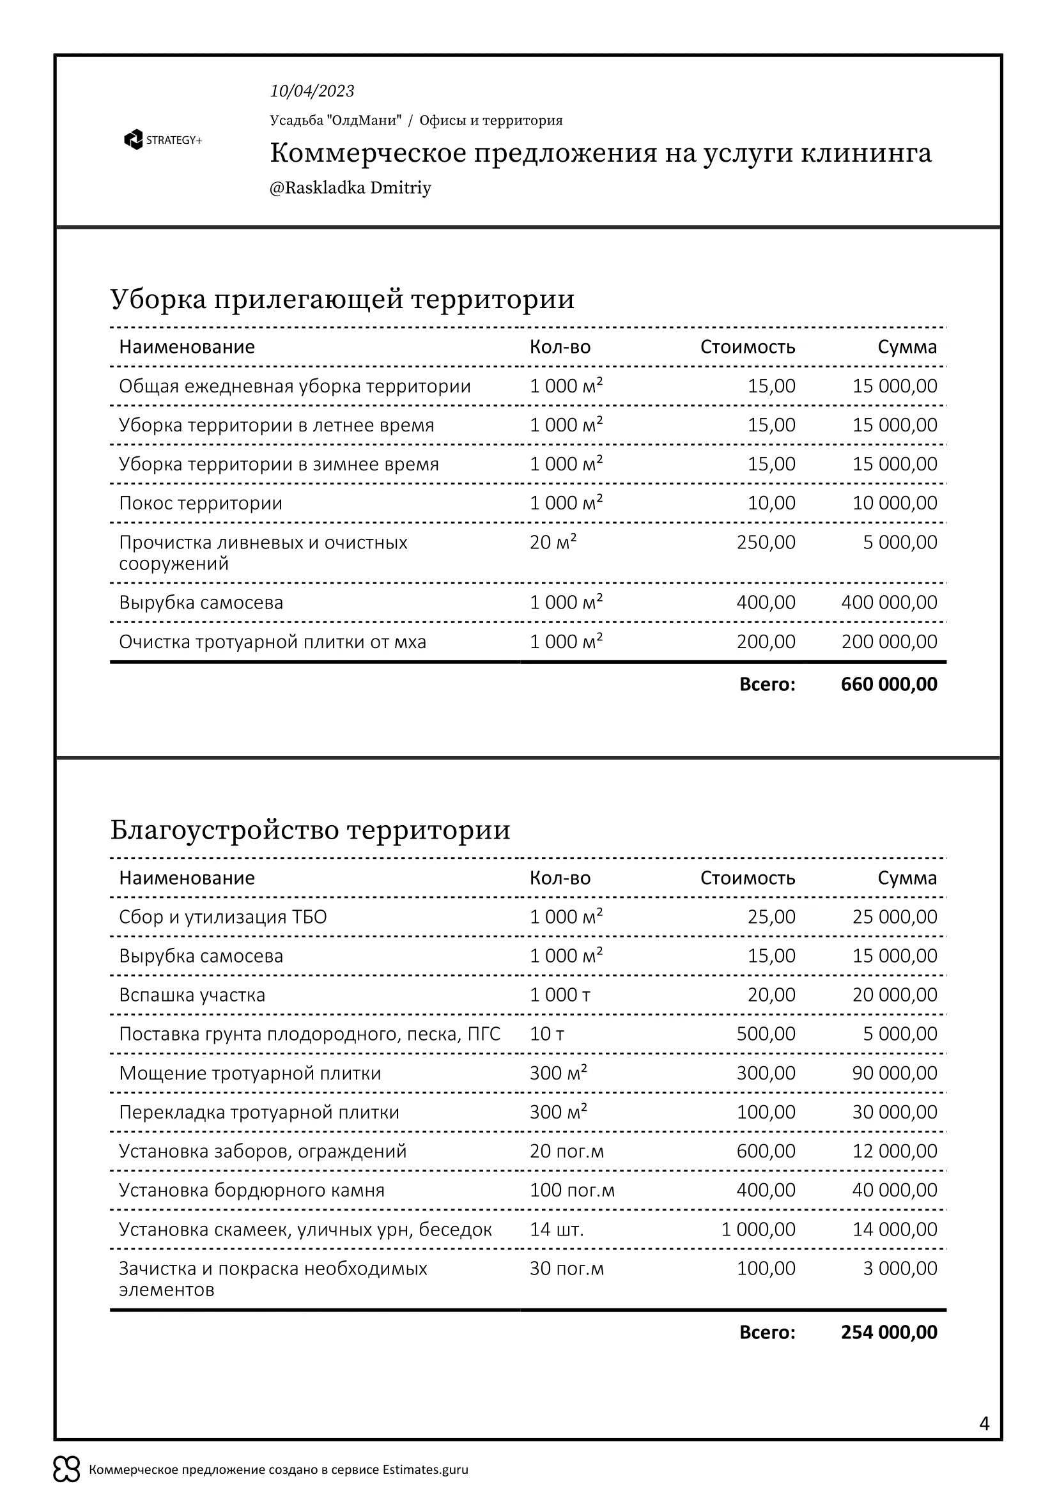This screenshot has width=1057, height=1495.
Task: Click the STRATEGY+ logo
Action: coord(163,140)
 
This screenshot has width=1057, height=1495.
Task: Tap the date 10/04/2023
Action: coord(312,91)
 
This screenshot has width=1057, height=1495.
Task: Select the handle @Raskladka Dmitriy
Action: coord(350,188)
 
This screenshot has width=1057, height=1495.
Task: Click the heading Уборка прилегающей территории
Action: coord(343,300)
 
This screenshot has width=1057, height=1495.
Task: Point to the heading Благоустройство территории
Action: coord(310,830)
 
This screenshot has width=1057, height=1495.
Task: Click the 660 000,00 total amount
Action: coord(888,685)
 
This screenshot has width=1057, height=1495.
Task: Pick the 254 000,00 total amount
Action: coord(888,1332)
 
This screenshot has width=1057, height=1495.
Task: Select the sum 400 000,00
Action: coord(888,602)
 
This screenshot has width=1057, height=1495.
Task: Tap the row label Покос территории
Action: coord(201,503)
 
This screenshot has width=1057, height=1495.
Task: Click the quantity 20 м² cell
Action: coord(553,543)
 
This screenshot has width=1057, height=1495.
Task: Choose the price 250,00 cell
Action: coord(766,543)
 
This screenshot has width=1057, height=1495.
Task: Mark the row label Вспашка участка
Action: coord(192,995)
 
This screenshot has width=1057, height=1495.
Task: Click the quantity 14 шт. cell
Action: coord(557,1229)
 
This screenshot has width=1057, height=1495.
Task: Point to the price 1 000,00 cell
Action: coord(758,1229)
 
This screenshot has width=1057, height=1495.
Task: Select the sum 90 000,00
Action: coord(894,1073)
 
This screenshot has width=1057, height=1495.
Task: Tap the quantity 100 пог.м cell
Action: coord(571,1190)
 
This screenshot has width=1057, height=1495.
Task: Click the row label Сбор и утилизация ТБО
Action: coord(222,917)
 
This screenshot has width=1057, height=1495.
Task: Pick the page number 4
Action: coord(984,1424)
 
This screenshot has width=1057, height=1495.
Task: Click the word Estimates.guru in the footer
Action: coord(425,1469)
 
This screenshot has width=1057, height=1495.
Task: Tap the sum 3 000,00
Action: coord(900,1268)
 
